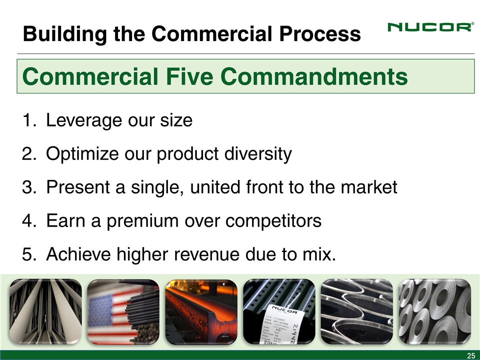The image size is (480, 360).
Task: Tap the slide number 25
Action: point(470,355)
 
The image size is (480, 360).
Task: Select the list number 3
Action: point(27,187)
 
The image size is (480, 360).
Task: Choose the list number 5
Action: point(27,254)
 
